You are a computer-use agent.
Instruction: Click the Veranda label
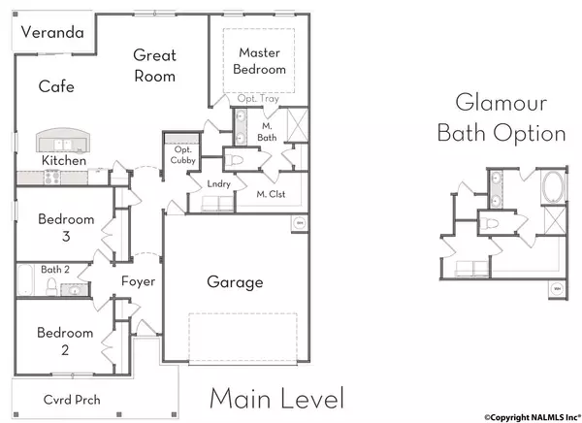click(x=52, y=32)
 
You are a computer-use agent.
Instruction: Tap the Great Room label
click(x=154, y=66)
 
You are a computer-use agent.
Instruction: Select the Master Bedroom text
click(x=259, y=61)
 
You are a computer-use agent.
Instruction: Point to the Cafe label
click(x=56, y=86)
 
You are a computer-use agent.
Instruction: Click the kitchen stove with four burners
click(x=52, y=177)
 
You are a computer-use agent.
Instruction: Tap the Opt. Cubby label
click(x=183, y=155)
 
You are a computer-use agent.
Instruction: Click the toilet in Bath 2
click(x=51, y=286)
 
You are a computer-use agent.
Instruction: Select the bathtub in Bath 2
click(x=25, y=279)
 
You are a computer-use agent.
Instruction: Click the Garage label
click(x=235, y=282)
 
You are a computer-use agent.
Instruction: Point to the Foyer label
click(x=138, y=281)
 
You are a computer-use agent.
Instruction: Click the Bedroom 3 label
click(x=66, y=227)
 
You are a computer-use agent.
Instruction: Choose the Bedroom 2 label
click(x=65, y=341)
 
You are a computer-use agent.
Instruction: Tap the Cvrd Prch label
click(x=72, y=400)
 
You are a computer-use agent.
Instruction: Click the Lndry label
click(x=219, y=183)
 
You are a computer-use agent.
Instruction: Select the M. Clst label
click(x=271, y=194)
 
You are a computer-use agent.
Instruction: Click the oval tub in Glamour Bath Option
click(x=554, y=186)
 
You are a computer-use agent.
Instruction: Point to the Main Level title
click(x=276, y=398)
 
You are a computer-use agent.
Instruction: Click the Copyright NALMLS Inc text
click(x=533, y=417)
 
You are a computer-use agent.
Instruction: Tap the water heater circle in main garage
click(x=299, y=223)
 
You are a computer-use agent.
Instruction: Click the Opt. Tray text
click(x=258, y=99)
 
